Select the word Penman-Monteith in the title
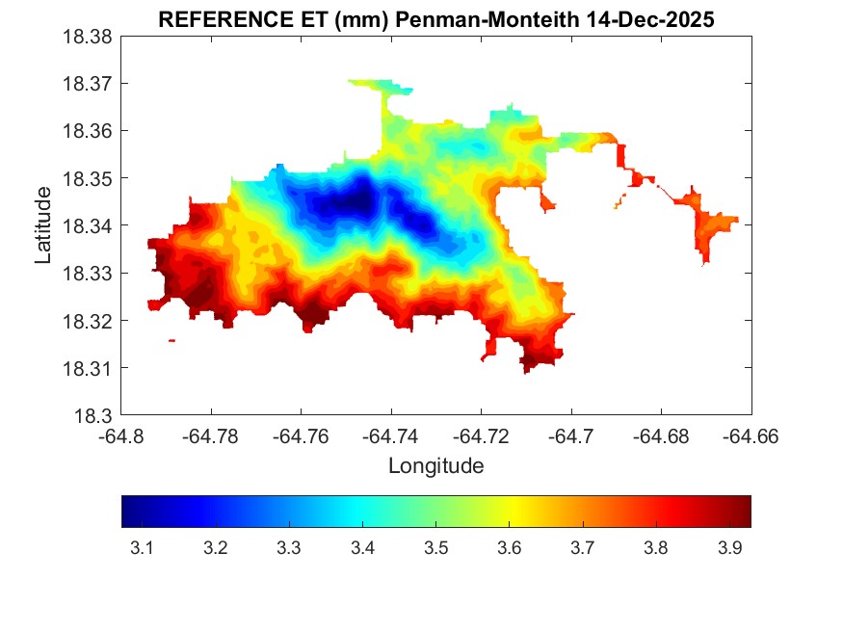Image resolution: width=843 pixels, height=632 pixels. [x=458, y=20]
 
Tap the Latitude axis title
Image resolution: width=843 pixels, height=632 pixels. [x=43, y=225]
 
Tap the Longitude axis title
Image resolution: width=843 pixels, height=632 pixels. [x=435, y=466]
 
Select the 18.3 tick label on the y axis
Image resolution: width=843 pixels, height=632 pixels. [x=95, y=416]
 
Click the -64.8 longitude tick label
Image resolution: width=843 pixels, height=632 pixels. [x=122, y=436]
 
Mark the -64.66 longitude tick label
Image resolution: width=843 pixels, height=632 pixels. [x=751, y=436]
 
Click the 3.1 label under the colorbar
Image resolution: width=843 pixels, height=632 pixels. [x=142, y=548]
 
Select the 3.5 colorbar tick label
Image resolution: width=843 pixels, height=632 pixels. [x=435, y=548]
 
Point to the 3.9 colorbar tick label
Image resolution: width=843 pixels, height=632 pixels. [x=729, y=548]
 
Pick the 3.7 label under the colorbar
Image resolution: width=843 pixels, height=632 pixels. [x=582, y=548]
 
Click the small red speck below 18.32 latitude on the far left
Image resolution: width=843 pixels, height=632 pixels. [x=171, y=340]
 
